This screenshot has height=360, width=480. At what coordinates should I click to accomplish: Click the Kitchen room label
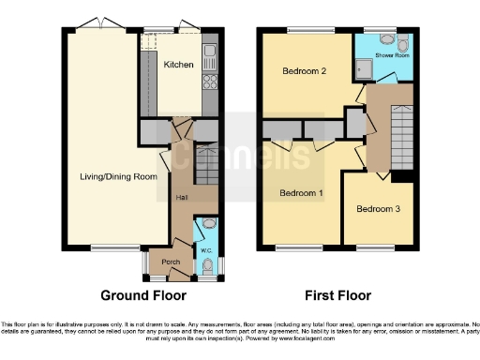click(x=178, y=65)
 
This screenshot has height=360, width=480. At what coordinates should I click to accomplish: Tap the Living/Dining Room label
click(x=117, y=176)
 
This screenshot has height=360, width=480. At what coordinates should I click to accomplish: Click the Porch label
click(x=171, y=262)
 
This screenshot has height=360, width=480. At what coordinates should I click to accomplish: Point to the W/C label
click(x=206, y=250)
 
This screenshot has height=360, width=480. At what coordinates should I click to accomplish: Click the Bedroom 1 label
click(x=302, y=194)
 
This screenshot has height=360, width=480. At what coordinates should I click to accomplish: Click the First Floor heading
click(x=334, y=294)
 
